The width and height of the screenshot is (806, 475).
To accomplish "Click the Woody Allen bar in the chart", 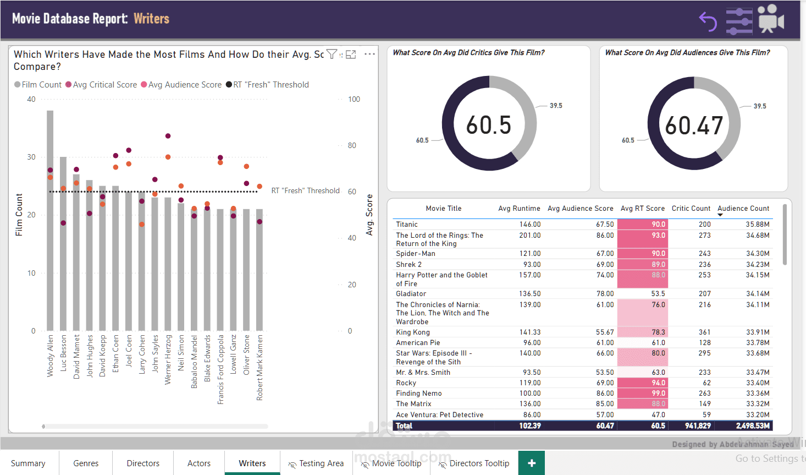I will coord(50,231).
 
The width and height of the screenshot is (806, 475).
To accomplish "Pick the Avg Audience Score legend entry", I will coord(181,85).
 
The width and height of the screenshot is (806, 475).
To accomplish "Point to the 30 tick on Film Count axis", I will coord(31,157).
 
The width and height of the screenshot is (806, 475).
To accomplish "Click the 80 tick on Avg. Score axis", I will coord(352,145).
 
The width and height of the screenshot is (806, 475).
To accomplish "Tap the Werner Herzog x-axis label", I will coord(168,359).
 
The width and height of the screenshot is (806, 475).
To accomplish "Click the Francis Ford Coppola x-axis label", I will coord(220,369).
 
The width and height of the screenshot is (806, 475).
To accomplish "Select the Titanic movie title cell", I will coord(407,225).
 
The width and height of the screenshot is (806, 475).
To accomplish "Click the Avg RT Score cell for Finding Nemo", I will coord(642,394).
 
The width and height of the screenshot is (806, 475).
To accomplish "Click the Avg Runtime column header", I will coord(519,209).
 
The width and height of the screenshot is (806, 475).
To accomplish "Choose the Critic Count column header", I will coord(691,209).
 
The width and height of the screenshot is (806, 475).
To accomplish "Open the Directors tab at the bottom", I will coord(143,463).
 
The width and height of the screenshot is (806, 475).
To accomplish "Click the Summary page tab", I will coord(28,463).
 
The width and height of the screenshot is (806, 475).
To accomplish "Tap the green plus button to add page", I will coord(532,463).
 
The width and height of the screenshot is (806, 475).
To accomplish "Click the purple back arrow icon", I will coord(708,21).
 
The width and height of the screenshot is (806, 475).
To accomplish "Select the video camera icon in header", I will coord(771,20).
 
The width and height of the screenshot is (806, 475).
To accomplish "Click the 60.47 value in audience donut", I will coord(694,125).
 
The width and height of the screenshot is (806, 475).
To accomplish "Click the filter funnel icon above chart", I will coord(332,54).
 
